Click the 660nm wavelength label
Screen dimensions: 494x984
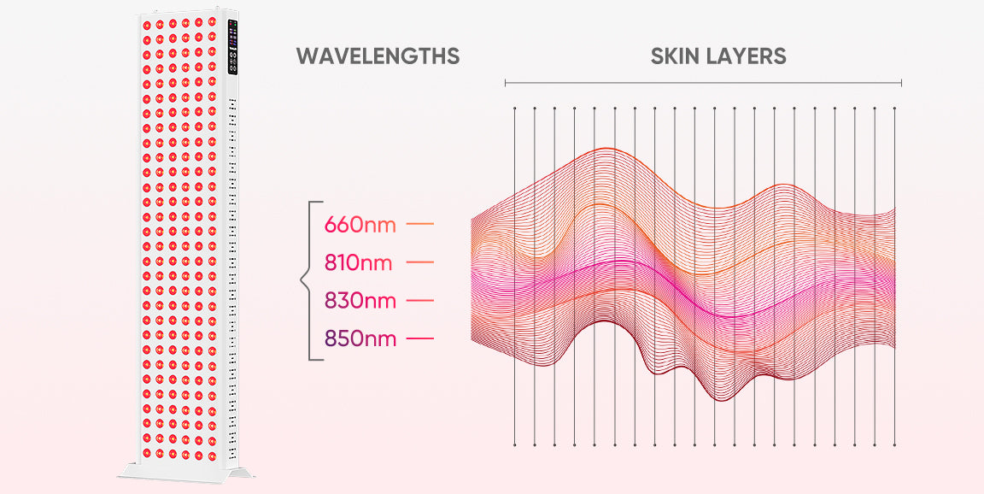(x=360, y=226)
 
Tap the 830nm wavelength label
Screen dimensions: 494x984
(x=360, y=301)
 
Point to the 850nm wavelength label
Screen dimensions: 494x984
(x=360, y=339)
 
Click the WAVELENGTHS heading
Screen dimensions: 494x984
(x=378, y=56)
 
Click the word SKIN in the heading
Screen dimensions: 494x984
(x=679, y=56)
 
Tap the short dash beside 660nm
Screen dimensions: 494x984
(x=420, y=225)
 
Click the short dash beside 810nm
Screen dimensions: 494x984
(x=420, y=262)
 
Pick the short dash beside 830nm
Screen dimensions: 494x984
(x=420, y=301)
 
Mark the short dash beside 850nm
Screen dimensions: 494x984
(x=420, y=339)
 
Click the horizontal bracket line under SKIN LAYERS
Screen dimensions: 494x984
(x=703, y=83)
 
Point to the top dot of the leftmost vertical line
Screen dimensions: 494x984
(x=514, y=109)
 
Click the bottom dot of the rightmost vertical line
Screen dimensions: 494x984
(x=894, y=444)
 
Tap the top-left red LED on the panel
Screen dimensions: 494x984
(x=146, y=23)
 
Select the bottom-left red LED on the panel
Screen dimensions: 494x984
(x=146, y=452)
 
